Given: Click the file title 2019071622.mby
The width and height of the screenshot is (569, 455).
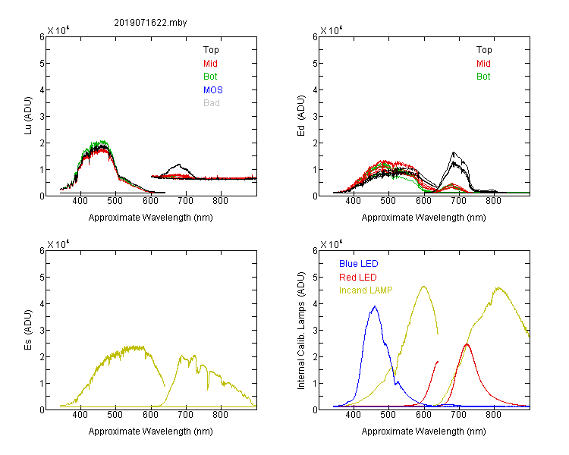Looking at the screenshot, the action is coord(150,23).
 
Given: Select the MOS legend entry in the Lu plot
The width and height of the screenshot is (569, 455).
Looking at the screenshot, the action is coord(213,90).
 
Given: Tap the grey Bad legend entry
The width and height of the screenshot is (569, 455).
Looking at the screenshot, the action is coord(212,103).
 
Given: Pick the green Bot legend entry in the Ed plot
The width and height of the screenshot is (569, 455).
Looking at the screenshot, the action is coord(483,77).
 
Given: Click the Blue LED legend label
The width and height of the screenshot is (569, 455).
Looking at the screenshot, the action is coord(359,264).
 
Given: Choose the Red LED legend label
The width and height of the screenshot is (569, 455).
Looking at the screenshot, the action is coord(358,278).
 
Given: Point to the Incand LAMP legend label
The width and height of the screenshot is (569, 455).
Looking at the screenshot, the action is coord(366,290).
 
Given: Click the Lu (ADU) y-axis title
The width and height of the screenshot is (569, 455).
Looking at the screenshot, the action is coord(28,116).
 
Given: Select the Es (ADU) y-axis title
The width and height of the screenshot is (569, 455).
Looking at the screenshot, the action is coord(28,330).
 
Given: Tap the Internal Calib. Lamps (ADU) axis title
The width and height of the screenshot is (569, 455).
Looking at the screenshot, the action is coord(301,331).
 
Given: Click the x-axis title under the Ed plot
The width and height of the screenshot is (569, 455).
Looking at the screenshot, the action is coord(423,218).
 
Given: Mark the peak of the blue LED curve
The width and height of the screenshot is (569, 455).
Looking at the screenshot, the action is coord(375,306).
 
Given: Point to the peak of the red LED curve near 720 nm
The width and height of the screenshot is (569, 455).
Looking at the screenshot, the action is coord(467,344).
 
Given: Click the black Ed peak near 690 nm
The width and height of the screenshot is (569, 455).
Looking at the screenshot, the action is coord(453,152).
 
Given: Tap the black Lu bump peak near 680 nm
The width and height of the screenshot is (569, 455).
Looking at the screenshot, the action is coord(179,165).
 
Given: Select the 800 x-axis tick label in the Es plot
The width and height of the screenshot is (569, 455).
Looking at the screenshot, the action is coord(220,414).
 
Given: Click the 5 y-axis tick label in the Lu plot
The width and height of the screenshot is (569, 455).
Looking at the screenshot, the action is coord(42,64).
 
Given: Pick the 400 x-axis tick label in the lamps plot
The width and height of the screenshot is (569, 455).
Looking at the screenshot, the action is coord(353,414).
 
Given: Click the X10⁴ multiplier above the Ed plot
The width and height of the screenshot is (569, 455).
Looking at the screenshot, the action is coord(332,30).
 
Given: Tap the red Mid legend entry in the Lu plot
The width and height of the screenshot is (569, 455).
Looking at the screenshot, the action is coord(210,64).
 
